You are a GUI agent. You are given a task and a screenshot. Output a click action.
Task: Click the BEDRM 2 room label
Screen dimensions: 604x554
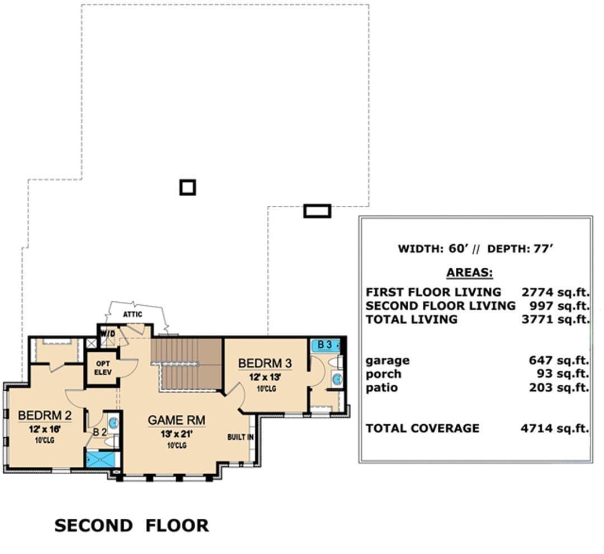click(x=45, y=415)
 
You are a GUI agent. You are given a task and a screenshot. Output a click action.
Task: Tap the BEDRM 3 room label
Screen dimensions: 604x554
click(x=265, y=363)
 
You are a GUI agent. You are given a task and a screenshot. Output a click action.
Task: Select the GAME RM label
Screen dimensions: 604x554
click(x=176, y=420)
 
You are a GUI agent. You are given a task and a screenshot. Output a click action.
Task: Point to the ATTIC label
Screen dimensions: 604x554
click(x=133, y=314)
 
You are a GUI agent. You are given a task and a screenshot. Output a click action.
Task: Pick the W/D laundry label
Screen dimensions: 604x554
click(x=107, y=333)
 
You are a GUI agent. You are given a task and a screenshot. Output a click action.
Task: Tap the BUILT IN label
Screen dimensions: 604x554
click(x=240, y=437)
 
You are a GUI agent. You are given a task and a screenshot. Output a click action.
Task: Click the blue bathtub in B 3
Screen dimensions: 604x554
click(x=325, y=344)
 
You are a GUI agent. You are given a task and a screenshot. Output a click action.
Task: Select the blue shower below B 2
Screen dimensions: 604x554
click(x=101, y=460)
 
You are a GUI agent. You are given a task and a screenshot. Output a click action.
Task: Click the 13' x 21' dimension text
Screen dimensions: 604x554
click(x=176, y=434)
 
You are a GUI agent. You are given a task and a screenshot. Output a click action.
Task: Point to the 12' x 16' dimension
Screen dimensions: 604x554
click(x=45, y=429)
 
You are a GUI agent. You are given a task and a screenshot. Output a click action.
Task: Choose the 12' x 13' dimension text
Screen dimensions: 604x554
click(x=265, y=377)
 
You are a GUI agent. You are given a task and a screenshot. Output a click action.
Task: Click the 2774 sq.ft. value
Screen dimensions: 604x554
click(x=555, y=292)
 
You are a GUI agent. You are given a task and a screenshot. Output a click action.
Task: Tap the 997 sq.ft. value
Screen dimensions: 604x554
click(x=559, y=306)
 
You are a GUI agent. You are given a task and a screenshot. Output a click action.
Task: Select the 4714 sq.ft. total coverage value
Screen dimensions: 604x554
click(x=555, y=428)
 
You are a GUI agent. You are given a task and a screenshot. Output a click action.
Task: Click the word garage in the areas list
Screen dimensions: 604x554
click(x=388, y=361)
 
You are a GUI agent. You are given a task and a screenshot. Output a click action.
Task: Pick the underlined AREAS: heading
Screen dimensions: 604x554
click(x=470, y=273)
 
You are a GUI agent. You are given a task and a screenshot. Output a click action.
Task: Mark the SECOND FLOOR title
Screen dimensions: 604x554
click(x=132, y=525)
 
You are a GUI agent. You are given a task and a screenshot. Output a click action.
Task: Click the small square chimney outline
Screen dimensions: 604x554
click(x=187, y=187)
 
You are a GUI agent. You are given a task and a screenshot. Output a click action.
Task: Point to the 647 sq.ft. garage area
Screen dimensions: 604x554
click(x=559, y=361)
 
